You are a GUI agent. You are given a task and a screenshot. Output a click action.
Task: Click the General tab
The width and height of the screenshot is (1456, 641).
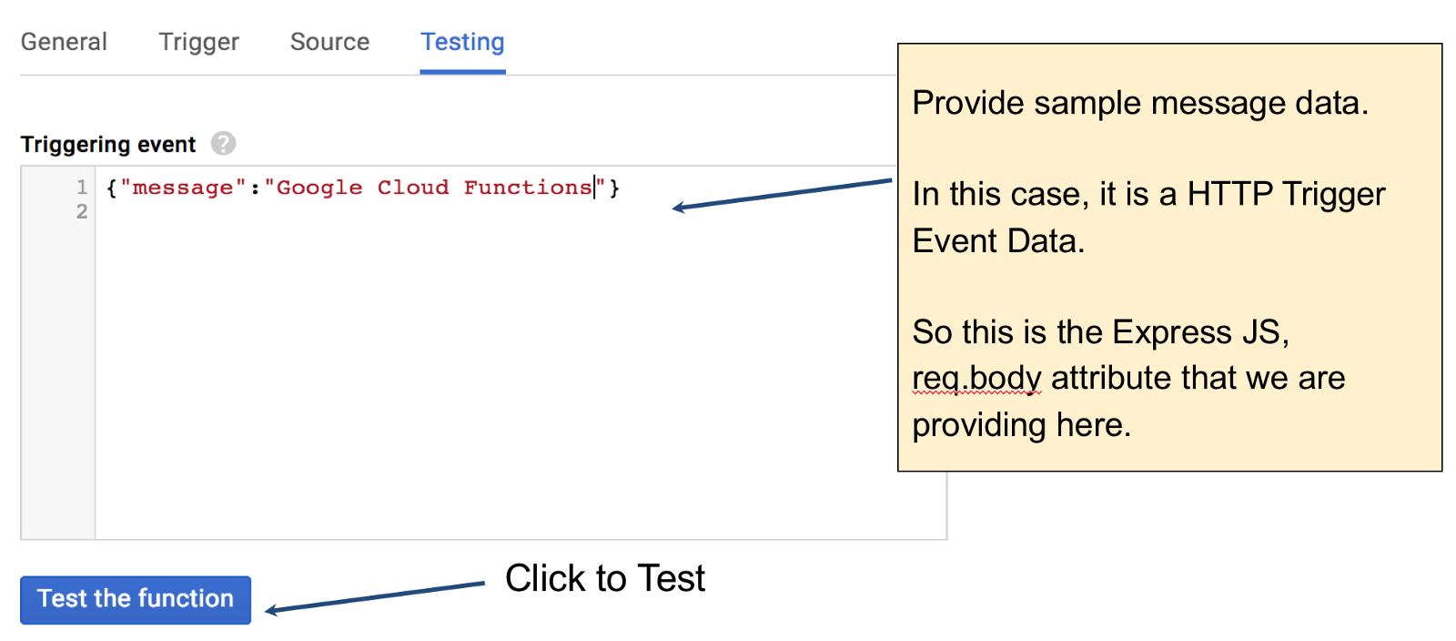point(64,42)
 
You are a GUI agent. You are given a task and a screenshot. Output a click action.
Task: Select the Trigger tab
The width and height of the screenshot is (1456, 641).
point(198,42)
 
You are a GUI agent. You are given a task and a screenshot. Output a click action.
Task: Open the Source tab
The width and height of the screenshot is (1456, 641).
point(329,42)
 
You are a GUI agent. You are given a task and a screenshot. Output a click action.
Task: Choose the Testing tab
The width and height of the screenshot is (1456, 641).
point(462,42)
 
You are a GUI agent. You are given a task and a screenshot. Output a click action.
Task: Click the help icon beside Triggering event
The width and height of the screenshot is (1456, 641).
point(223,144)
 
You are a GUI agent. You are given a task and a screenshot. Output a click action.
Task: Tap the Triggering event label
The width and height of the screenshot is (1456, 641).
point(108,145)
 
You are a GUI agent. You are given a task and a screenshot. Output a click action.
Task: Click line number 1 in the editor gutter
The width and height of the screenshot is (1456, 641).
point(82,188)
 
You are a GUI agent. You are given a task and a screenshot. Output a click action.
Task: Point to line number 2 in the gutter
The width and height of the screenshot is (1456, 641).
point(82,211)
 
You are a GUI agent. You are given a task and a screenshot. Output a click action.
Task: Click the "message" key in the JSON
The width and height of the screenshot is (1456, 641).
point(183,188)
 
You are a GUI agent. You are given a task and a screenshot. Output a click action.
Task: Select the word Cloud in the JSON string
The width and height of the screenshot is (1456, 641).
point(413,188)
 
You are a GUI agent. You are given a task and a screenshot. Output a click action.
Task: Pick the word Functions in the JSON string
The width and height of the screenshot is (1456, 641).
point(528,188)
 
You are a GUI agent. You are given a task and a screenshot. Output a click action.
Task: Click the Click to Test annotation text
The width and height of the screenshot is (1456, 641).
point(605,578)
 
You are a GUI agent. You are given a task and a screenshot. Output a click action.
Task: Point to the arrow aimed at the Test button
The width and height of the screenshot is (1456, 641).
point(375,597)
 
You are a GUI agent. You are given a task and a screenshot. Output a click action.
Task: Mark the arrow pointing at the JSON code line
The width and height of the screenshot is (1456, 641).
point(783,194)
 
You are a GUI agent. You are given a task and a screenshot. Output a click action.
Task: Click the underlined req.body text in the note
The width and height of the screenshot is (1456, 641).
point(976,378)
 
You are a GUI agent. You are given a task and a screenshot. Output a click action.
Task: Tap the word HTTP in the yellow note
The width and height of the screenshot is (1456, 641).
point(1229,194)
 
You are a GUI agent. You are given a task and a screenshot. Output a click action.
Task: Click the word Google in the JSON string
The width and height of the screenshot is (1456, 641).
point(319,188)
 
